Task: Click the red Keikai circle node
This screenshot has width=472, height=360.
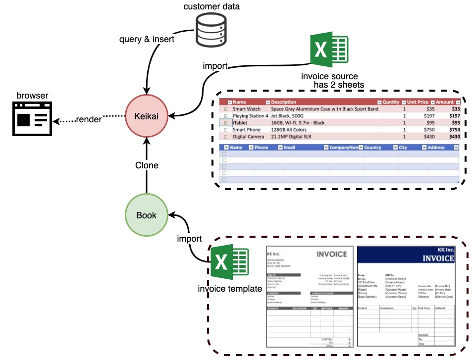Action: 146,116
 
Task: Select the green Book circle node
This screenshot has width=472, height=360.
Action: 146,215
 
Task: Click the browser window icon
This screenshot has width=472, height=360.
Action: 32,119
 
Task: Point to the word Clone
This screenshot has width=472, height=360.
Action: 147,165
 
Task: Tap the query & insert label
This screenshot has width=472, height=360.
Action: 147,39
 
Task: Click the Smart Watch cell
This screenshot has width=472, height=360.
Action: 246,109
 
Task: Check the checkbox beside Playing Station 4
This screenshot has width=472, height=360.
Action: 226,116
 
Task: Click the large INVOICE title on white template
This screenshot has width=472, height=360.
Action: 331,254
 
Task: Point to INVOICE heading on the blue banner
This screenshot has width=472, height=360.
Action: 438,258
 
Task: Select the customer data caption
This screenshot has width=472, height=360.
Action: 211,6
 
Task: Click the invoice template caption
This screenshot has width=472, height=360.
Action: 229,289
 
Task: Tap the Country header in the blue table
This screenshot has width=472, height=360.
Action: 372,148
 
